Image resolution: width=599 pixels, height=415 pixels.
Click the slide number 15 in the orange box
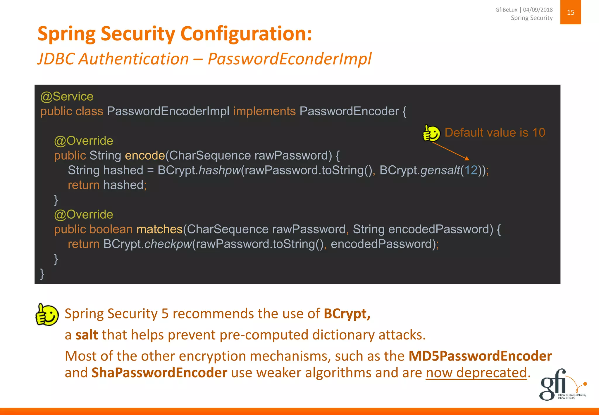570,12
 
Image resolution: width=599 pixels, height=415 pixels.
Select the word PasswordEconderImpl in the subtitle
289,59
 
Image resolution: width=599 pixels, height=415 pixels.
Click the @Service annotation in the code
67,97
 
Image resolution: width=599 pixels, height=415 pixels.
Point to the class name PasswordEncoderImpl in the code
168,111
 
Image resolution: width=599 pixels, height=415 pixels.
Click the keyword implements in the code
264,111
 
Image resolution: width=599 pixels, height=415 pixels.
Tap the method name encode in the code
145,155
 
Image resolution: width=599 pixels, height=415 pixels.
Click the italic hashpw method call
219,170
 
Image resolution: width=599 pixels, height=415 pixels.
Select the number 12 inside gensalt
471,170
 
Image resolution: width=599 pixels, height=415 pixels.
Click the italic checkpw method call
168,244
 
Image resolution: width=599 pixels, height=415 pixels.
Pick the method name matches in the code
159,229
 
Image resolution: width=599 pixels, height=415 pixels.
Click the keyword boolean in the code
111,229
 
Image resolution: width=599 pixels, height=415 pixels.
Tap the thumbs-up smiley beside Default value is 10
431,133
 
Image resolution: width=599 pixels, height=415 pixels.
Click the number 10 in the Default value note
538,133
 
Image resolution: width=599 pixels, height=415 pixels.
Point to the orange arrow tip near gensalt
468,159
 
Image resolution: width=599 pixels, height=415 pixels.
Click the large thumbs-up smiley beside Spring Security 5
47,315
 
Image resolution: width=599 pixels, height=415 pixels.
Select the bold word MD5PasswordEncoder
480,356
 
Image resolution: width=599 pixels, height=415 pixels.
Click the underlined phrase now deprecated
476,373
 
